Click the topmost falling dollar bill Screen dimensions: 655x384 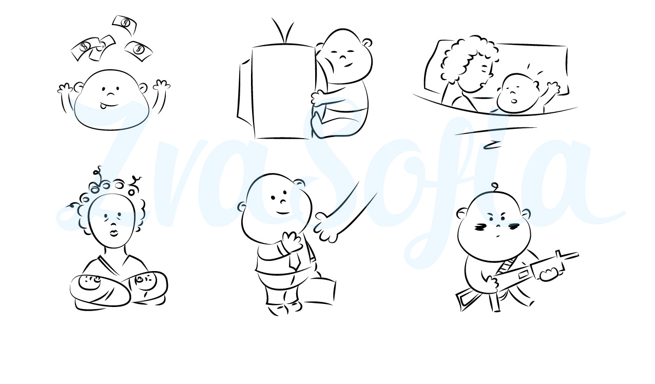[125, 25]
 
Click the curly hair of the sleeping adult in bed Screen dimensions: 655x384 [468, 59]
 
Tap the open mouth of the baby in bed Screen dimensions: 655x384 [514, 101]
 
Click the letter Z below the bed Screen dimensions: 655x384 [492, 145]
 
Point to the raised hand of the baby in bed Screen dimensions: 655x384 [553, 88]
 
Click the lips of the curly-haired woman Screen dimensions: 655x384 [113, 234]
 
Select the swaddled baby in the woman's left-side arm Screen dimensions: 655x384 [100, 290]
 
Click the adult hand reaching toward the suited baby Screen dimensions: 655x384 [326, 228]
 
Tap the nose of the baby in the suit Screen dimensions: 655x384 [283, 201]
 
